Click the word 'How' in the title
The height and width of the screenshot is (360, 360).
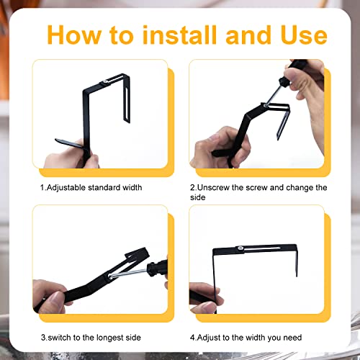coord(75,35)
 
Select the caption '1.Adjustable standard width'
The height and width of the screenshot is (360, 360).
coord(91,187)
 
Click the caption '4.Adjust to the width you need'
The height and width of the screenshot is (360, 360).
coord(246,337)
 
